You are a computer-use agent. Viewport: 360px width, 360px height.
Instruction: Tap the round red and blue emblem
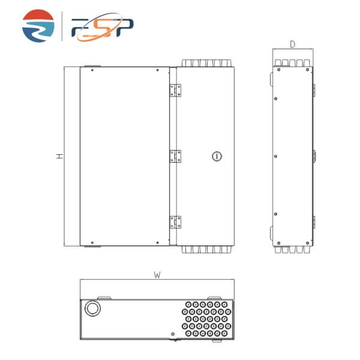(38, 26)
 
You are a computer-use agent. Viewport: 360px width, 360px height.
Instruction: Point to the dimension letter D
(292, 44)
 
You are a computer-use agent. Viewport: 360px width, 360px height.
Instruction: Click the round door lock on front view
(217, 156)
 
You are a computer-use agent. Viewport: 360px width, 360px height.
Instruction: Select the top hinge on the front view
(176, 90)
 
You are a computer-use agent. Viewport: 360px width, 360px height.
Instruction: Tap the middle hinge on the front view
(176, 156)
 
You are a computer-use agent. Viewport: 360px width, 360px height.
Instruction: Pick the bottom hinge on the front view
(176, 221)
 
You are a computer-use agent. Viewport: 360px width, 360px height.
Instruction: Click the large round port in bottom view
(93, 308)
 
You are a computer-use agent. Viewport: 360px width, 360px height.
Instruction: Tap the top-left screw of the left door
(92, 70)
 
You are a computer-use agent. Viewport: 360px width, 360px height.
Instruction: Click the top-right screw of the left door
(158, 70)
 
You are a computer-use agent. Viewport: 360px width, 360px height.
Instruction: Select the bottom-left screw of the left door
(92, 242)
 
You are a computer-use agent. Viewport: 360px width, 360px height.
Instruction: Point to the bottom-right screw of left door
(158, 242)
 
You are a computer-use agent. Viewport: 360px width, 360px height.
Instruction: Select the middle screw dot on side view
(275, 156)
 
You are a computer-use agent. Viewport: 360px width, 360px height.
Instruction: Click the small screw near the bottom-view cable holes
(173, 334)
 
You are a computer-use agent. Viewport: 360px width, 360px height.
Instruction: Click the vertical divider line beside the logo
(62, 26)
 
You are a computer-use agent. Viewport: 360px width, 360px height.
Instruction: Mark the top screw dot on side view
(275, 98)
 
